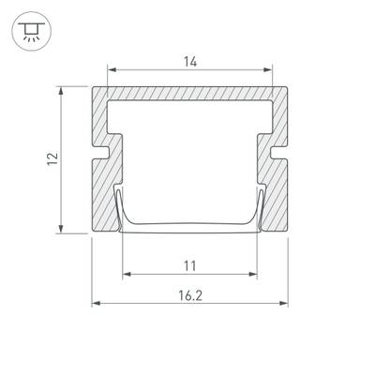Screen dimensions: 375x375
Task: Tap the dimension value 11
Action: coord(190,264)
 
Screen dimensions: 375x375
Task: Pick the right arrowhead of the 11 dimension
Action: coord(253,274)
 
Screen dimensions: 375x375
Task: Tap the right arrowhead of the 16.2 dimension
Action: coord(286,303)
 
